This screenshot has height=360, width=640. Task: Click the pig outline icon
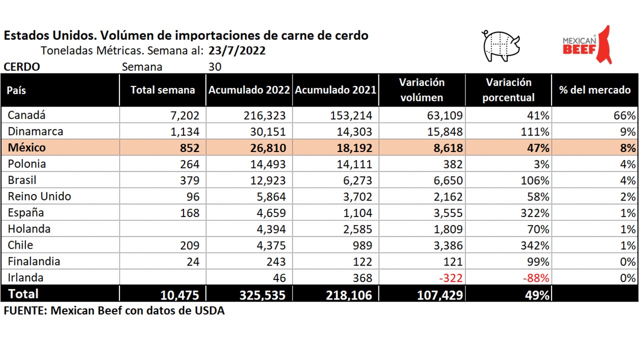tap(500, 46)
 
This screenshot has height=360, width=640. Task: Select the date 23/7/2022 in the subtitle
tap(237, 51)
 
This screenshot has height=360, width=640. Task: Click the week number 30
tap(215, 67)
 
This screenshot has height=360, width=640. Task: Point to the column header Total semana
tap(162, 90)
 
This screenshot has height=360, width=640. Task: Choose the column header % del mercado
tap(594, 90)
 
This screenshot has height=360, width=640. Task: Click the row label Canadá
tap(26, 115)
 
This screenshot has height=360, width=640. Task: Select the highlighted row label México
tap(26, 148)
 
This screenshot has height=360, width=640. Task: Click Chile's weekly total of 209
tap(188, 245)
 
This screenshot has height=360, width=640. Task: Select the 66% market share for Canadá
tap(625, 115)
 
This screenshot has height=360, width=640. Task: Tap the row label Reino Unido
tap(39, 196)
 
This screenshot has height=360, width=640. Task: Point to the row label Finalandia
tap(34, 261)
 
